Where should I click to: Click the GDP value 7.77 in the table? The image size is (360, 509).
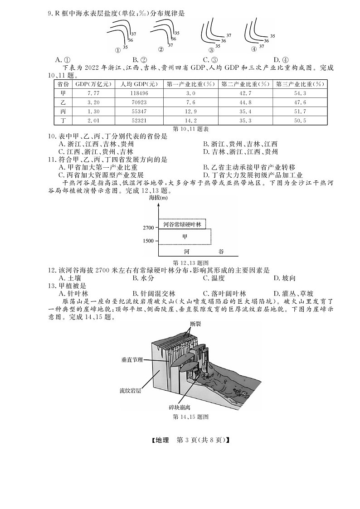tap(89, 93)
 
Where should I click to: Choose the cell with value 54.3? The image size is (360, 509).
tap(301, 93)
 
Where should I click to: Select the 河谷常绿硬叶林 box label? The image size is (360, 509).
tap(182, 224)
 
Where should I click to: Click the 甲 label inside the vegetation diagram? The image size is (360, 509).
tap(185, 236)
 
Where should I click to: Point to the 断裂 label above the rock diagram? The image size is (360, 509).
tap(195, 324)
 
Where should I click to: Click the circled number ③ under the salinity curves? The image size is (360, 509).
tap(211, 50)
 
